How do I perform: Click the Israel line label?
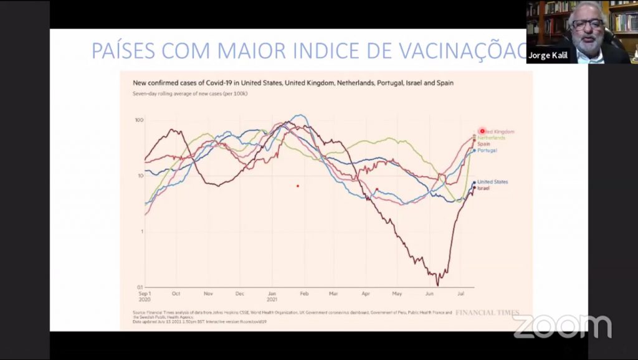[x=483, y=187]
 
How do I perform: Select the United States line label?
[x=492, y=182]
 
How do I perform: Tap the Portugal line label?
[x=487, y=151]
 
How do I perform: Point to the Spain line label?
[x=483, y=144]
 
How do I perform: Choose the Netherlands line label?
[x=491, y=138]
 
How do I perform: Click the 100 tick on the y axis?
[x=138, y=120]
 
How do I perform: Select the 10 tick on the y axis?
[x=140, y=176]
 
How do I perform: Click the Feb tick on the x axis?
[x=304, y=293]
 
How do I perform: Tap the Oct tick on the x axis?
[x=176, y=293]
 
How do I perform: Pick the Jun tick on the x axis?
[x=429, y=293]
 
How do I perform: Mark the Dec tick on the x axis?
[x=240, y=293]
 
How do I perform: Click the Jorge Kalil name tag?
[x=548, y=55]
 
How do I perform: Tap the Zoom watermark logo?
[x=562, y=326]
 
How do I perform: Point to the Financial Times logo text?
[x=487, y=312]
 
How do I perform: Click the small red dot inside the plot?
[x=298, y=186]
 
